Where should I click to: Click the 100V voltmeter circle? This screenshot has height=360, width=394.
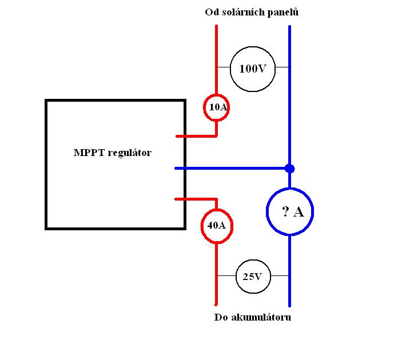tap(253, 69)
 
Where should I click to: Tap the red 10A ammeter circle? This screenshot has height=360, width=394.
tap(216, 107)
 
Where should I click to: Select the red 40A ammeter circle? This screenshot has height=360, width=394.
tap(216, 225)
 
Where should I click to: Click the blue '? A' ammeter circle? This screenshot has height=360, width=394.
tap(289, 212)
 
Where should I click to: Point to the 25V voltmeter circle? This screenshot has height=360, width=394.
tap(253, 277)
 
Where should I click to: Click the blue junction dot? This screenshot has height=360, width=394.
tap(290, 169)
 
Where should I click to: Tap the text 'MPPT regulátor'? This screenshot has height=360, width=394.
tap(113, 153)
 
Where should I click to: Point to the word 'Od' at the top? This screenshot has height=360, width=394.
tap(211, 13)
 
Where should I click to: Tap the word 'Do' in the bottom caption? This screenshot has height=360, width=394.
tap(221, 317)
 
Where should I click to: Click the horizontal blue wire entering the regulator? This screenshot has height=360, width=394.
tap(229, 169)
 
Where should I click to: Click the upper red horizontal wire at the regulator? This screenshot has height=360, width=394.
tap(194, 137)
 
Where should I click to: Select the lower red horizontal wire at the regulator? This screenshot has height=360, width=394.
tap(194, 199)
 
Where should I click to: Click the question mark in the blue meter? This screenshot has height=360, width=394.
tap(285, 212)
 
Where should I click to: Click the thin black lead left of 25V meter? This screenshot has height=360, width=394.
tap(226, 276)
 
